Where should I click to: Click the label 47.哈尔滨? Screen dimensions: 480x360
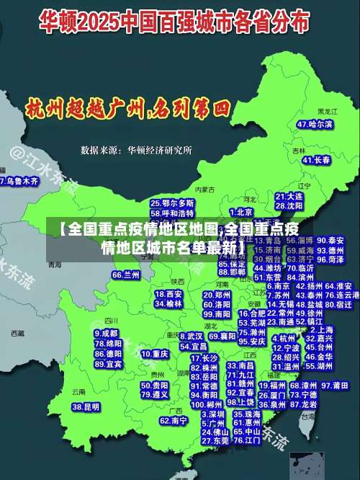pyautogui.click(x=315, y=124)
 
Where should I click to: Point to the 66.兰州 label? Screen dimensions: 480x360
pyautogui.click(x=126, y=275)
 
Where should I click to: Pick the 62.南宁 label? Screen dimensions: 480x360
pyautogui.click(x=174, y=420)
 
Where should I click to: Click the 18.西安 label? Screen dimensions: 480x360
pyautogui.click(x=168, y=294)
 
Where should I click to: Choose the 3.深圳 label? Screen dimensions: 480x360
pyautogui.click(x=213, y=415)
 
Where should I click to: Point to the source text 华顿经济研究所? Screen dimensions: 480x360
pyautogui.click(x=160, y=151)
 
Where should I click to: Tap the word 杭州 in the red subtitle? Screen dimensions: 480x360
pyautogui.click(x=45, y=110)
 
